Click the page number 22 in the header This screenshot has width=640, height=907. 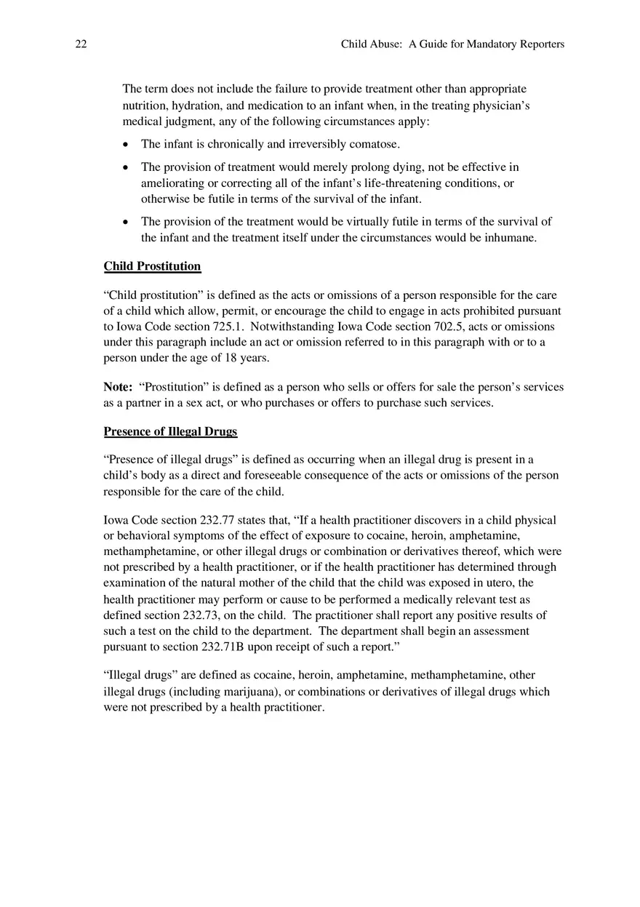tap(81, 44)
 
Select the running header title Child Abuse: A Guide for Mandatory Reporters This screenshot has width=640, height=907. tap(452, 44)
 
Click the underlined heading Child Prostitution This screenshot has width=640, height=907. tap(152, 266)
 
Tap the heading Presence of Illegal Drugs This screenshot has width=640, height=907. tap(170, 432)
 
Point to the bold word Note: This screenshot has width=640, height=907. tap(118, 387)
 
